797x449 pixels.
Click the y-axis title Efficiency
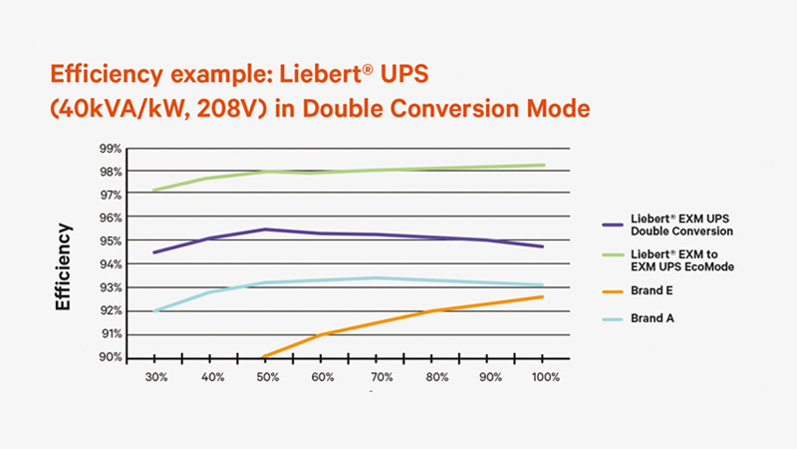[64, 266]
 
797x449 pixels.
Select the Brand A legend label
[653, 318]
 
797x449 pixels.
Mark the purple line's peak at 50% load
[264, 229]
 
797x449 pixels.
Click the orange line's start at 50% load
[263, 356]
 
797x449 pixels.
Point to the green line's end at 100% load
[542, 165]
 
